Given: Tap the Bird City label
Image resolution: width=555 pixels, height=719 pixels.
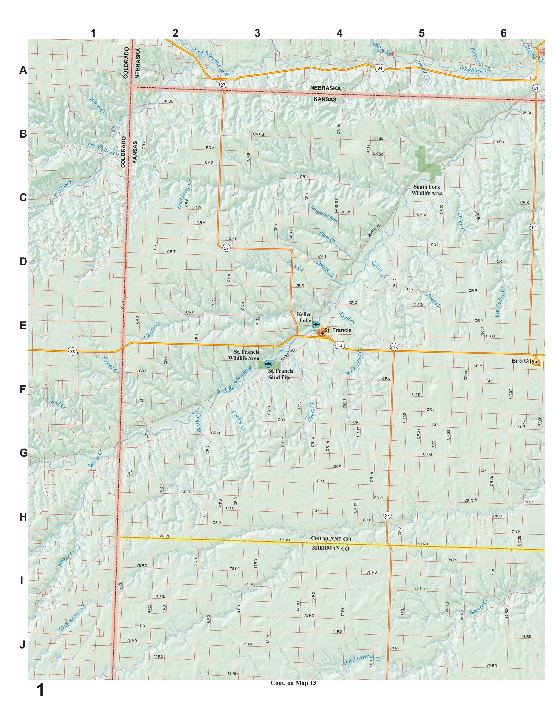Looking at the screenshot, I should pyautogui.click(x=522, y=361).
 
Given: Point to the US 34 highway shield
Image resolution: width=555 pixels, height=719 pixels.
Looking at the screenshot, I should pyautogui.click(x=380, y=68).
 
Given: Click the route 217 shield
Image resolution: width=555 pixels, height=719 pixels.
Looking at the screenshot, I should pyautogui.click(x=394, y=347).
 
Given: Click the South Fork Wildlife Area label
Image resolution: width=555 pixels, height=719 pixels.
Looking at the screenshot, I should pyautogui.click(x=427, y=190).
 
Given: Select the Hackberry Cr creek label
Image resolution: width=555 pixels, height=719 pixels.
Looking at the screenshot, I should pyautogui.click(x=184, y=194).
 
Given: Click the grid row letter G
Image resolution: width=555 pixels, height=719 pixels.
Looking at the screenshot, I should pyautogui.click(x=23, y=453).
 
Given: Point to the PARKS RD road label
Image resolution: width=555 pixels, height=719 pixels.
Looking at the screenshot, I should pyautogui.click(x=336, y=204).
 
